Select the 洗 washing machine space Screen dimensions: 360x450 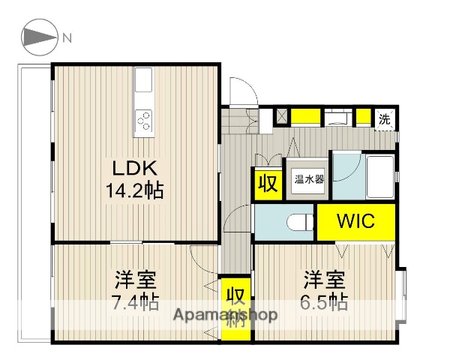point(384,118)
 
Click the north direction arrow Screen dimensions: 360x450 point(38,37)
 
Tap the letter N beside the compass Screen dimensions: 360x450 point(67,37)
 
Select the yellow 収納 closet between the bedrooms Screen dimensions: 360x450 point(235,304)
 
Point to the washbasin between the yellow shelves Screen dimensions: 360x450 point(337,117)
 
